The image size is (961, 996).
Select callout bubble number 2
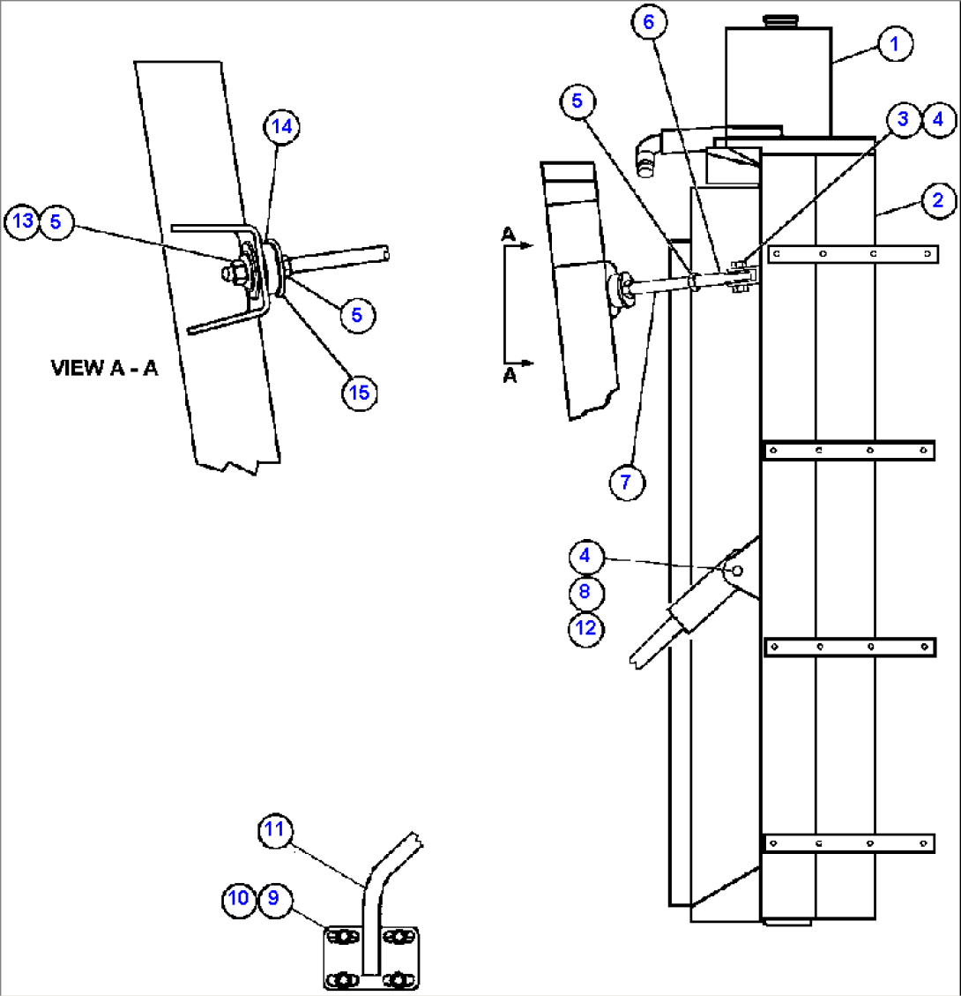937,200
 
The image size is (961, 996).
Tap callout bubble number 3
904,118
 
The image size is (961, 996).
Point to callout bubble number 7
627,483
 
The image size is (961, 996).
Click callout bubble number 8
585,592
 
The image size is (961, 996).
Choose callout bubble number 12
585,628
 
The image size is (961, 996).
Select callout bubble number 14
281,127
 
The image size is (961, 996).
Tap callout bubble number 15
360,392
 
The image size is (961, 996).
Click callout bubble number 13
23,221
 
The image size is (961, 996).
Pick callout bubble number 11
275,829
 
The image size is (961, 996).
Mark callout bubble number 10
238,898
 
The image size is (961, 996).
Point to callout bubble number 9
274,898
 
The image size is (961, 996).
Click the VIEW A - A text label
104,368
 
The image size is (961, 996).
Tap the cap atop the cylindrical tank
777,19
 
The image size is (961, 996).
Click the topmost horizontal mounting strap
852,254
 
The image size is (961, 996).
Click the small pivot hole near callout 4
737,571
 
